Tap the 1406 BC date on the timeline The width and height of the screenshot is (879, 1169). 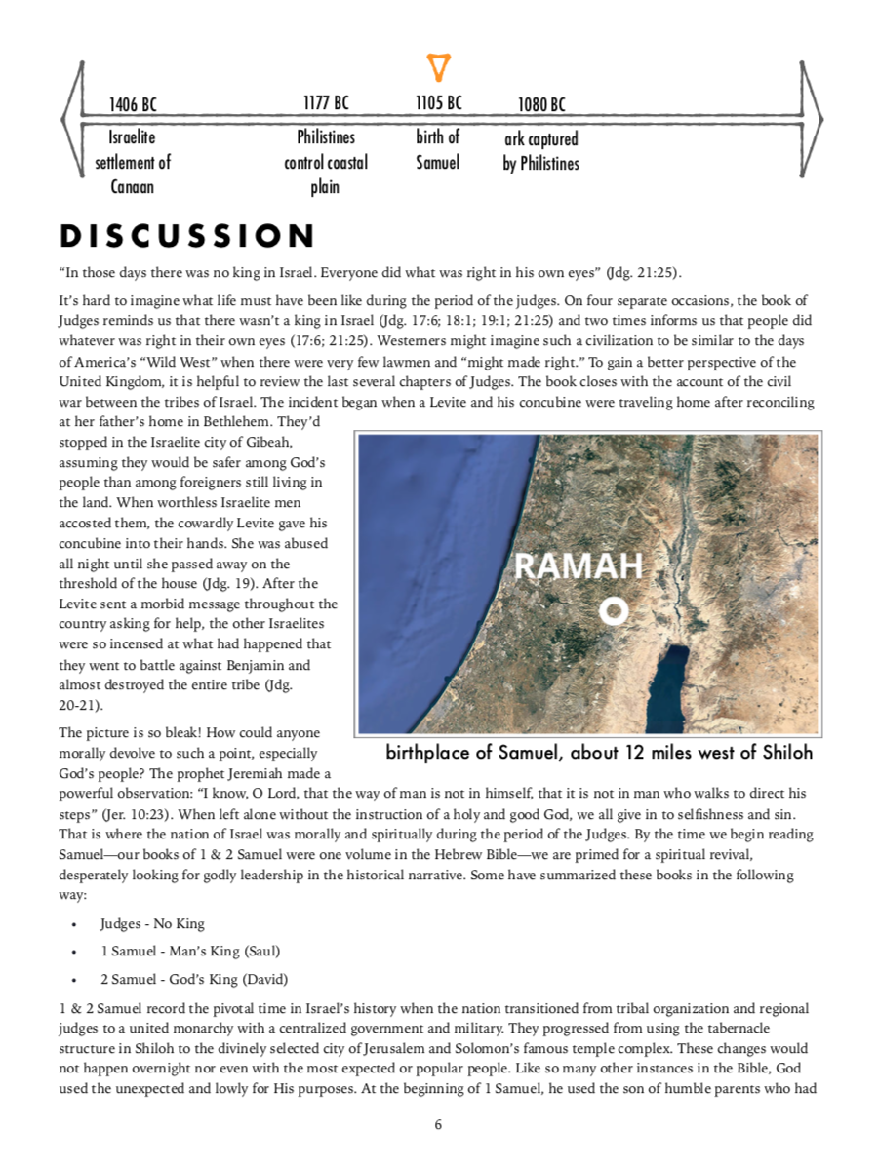[x=134, y=104]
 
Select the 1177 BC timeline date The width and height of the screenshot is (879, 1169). [x=326, y=102]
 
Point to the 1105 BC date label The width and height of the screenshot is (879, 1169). [x=439, y=102]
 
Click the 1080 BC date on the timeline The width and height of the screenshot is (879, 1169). [x=541, y=104]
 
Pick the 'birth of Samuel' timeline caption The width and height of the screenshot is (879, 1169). [x=438, y=150]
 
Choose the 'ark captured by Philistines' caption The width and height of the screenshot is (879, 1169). [x=541, y=152]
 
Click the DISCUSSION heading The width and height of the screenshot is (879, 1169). [x=187, y=236]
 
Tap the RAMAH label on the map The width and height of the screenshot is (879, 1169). [x=579, y=566]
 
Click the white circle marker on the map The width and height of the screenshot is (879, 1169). [x=613, y=611]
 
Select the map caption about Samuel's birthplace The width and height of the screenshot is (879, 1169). [x=599, y=753]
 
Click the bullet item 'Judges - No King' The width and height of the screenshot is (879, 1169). [x=152, y=923]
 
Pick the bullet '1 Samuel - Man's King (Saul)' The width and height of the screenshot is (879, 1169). [x=190, y=951]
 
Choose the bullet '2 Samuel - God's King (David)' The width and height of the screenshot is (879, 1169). [x=193, y=979]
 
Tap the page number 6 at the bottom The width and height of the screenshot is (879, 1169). [x=438, y=1125]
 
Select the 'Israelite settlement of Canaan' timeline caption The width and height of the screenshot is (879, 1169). [x=133, y=162]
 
